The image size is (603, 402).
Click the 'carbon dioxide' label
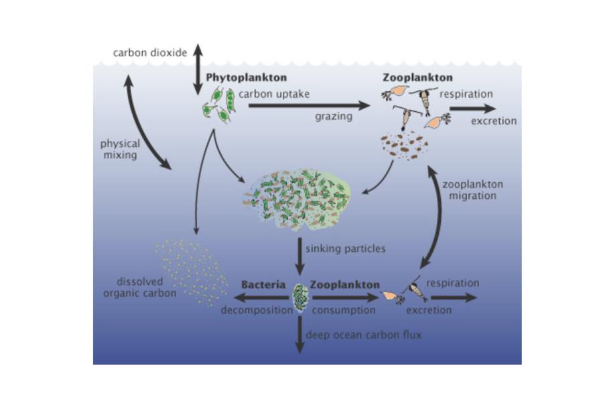coord(150,53)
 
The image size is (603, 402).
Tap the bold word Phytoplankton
coord(247,77)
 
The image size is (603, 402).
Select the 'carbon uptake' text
coord(274,94)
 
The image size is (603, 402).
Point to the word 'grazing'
coord(334,116)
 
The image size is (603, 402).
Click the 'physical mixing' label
coord(120,149)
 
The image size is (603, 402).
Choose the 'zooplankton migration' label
coord(472,190)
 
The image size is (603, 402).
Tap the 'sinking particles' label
coord(345,249)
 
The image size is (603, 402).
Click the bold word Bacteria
coord(263,285)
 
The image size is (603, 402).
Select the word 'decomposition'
coord(257,310)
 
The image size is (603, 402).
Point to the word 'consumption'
coord(344,310)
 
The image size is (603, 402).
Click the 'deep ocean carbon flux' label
coord(363,335)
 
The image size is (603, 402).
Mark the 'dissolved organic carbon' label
coord(140,287)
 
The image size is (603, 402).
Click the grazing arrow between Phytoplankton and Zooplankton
coord(309,105)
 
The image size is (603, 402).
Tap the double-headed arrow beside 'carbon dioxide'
coord(198,69)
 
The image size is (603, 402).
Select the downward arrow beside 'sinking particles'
coord(299,257)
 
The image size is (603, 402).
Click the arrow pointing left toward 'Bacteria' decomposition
coord(261,297)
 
